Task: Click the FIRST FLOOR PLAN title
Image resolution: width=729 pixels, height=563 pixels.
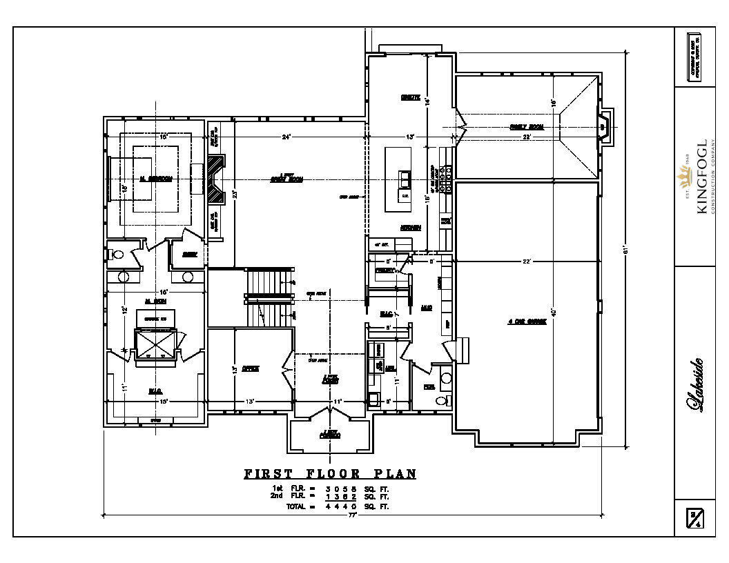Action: tap(330, 474)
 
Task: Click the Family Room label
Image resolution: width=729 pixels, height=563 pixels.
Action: tap(527, 127)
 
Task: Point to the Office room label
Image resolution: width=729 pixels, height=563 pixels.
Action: tap(250, 369)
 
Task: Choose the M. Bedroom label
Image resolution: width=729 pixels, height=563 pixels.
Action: tap(155, 179)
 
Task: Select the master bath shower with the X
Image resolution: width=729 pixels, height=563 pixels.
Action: tap(155, 343)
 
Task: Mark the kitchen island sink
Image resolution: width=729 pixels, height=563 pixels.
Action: tap(403, 180)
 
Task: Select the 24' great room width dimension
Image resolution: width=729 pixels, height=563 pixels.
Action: tap(286, 137)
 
